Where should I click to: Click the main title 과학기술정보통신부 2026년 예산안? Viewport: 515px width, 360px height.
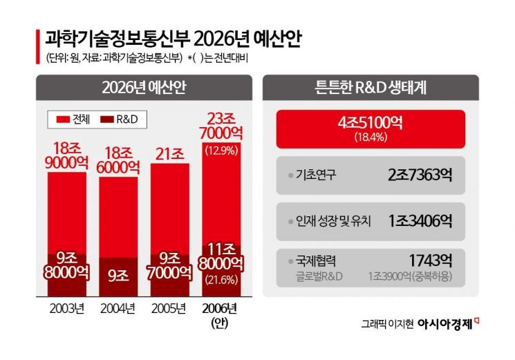(173, 37)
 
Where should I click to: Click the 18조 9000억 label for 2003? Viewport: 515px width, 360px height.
(66, 153)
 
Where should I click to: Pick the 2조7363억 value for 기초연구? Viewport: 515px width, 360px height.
(420, 175)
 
